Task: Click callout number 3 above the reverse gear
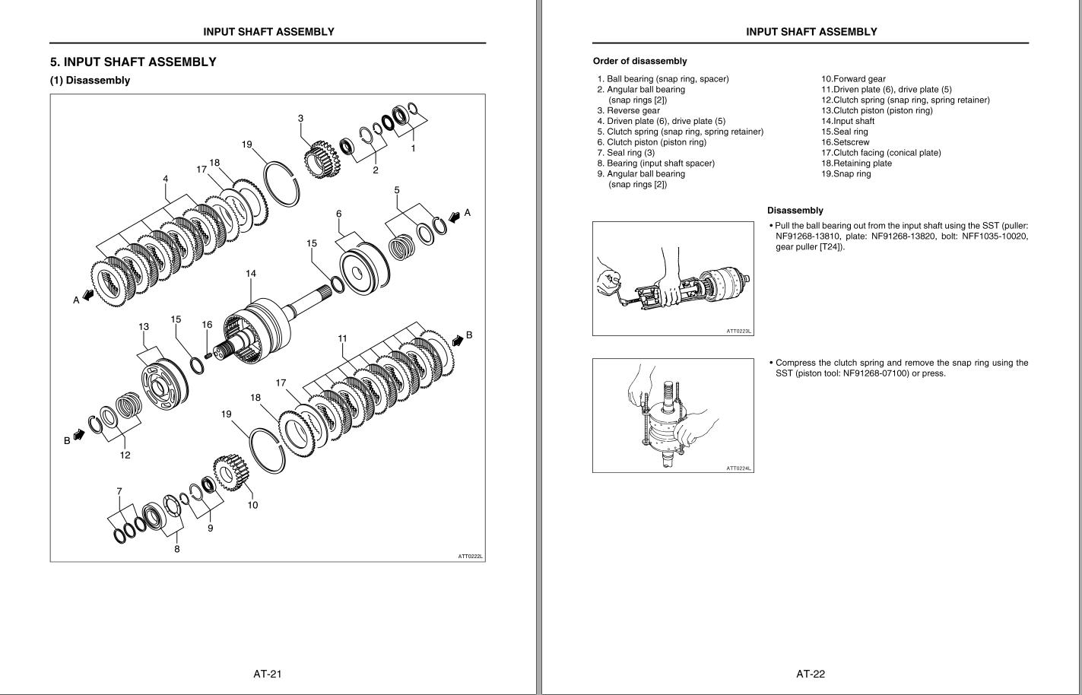(x=300, y=118)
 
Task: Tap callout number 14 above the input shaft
(x=251, y=273)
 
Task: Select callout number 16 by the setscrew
(x=207, y=325)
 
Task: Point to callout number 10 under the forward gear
(x=252, y=505)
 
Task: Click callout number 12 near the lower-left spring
(x=125, y=455)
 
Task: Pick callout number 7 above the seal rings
(x=119, y=491)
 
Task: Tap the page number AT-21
(x=268, y=673)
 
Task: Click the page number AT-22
(x=811, y=673)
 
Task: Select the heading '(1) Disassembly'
(x=90, y=81)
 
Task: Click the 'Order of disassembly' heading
(x=639, y=61)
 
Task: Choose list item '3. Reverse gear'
(x=628, y=110)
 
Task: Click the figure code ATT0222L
(x=471, y=556)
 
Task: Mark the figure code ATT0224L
(x=738, y=468)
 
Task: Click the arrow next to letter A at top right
(x=455, y=216)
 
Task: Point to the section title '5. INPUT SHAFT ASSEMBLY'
(x=133, y=62)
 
